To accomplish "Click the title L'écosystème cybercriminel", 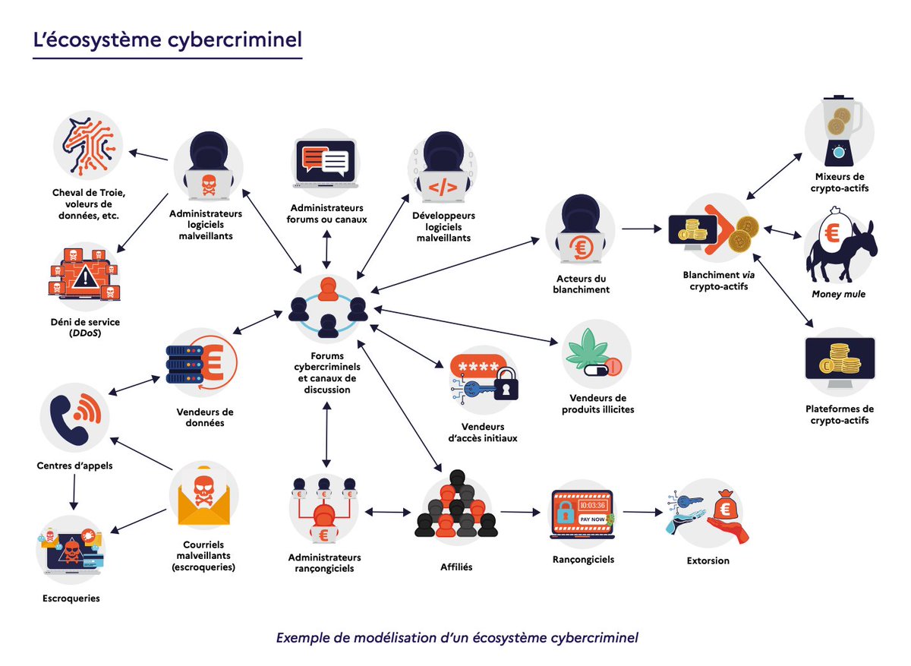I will [x=167, y=39].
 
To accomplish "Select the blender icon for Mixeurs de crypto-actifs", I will [x=839, y=131].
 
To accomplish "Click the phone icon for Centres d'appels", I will [x=74, y=416].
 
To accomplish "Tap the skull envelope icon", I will [x=203, y=497].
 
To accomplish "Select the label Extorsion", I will [x=707, y=560].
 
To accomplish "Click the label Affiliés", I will [x=456, y=567].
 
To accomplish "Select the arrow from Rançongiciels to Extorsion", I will [x=642, y=512].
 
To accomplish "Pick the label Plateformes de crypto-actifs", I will [x=839, y=414].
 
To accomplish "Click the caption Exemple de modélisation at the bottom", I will [x=457, y=637].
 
